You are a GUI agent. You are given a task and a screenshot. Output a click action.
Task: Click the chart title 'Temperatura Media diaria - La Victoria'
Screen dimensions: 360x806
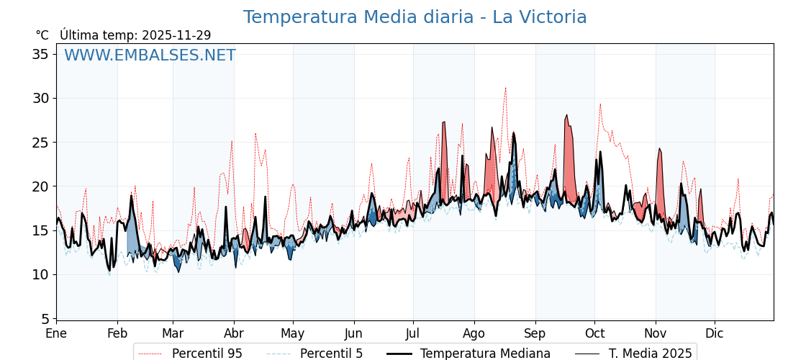[415, 17]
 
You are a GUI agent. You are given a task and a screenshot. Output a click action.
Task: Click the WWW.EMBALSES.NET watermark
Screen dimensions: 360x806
[150, 55]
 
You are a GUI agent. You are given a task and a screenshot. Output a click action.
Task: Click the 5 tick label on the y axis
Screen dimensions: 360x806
[45, 318]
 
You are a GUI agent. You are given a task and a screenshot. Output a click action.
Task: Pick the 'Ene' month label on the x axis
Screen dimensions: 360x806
[56, 333]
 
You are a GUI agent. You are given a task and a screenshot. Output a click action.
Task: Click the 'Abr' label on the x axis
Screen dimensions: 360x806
[234, 333]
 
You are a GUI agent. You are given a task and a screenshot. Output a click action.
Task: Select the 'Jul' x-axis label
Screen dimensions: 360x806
[413, 333]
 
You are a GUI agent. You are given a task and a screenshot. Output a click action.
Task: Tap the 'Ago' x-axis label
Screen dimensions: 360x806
[474, 333]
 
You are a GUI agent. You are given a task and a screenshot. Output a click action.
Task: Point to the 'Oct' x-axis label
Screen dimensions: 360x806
[594, 333]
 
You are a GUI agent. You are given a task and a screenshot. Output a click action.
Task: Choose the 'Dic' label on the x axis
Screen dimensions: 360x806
[715, 333]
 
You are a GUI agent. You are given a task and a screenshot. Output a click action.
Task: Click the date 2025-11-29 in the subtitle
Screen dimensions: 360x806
[176, 35]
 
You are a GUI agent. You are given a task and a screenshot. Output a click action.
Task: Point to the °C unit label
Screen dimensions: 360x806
[42, 35]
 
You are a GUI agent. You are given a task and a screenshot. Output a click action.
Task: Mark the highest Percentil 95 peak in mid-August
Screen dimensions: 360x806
[505, 88]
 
